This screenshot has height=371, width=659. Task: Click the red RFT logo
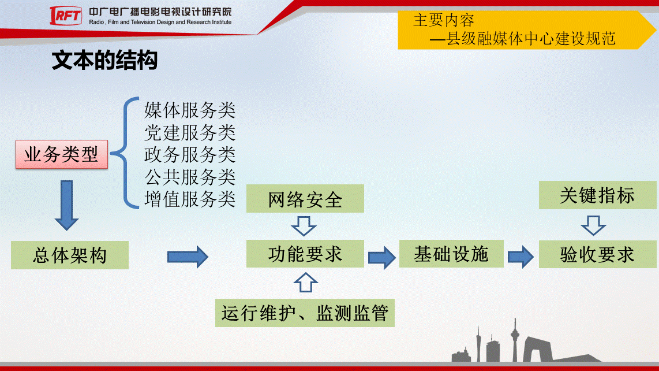pos(66,16)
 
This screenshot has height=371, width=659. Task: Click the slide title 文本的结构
pos(104,60)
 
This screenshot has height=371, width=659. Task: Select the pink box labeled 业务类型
pos(62,154)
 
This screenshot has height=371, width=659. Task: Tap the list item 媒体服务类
pos(189,110)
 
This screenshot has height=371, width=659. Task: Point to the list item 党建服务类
pos(189,133)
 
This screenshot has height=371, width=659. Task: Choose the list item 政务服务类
pos(189,155)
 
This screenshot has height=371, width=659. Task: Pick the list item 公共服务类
pos(189,177)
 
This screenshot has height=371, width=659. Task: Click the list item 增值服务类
pos(189,199)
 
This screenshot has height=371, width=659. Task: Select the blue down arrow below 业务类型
pos(66,206)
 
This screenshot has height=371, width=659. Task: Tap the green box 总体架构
pos(70,255)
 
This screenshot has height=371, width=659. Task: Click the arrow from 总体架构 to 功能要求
pos(188,257)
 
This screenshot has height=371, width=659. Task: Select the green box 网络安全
pos(305,198)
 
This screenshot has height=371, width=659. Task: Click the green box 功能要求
pos(305,254)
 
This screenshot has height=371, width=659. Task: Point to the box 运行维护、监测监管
pos(305,313)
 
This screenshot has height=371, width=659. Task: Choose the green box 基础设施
pos(451,254)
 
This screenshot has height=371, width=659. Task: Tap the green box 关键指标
pos(598,195)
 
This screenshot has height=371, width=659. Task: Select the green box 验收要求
pos(598,254)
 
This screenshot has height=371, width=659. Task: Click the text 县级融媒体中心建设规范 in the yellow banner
pos(531,39)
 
